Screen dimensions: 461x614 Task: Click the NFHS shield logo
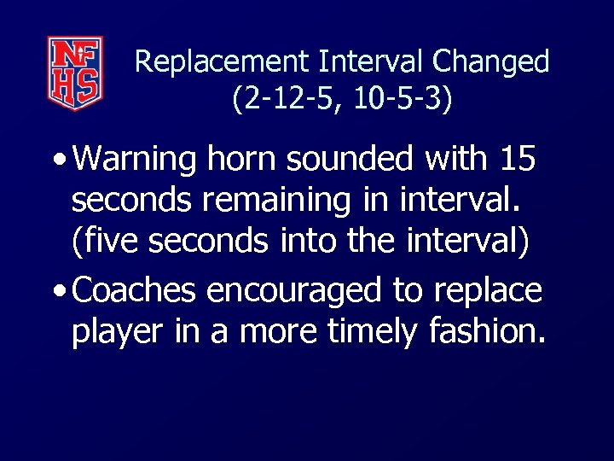75,73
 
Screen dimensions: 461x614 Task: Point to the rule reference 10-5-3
401,99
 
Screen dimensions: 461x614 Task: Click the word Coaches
136,291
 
